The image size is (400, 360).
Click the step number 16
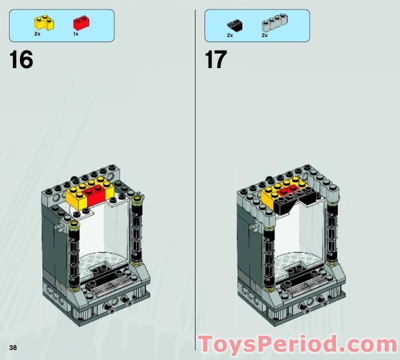21,60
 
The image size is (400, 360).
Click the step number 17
216,60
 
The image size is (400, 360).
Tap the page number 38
13,347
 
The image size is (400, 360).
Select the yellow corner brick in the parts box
44,23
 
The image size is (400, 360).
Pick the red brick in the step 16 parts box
81,23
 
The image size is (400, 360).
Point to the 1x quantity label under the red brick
76,34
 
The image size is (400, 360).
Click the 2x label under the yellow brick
37,34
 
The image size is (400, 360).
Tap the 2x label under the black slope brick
230,36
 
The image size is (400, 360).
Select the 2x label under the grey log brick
265,36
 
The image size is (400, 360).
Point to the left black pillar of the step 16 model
74,256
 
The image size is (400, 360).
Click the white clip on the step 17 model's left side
253,227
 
